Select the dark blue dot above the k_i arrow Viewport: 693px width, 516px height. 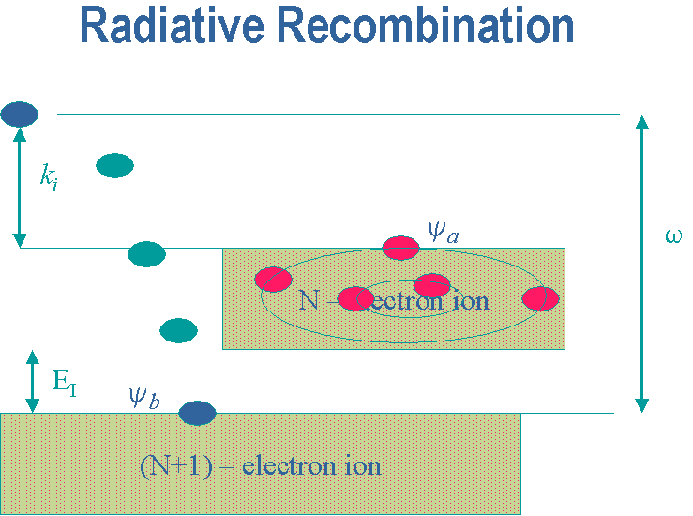tap(20, 114)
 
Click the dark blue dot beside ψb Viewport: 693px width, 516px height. tap(197, 413)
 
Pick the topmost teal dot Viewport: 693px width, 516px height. tap(115, 165)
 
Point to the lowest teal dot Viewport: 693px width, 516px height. tap(178, 330)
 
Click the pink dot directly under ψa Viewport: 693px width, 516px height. tap(400, 248)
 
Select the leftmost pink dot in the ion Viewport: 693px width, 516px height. tap(274, 280)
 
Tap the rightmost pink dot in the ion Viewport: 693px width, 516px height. tap(540, 298)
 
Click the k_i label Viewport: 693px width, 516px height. tap(49, 177)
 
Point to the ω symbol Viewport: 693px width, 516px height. tap(673, 236)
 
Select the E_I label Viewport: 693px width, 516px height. tap(65, 382)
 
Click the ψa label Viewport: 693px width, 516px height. tap(444, 232)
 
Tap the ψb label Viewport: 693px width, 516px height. tap(144, 398)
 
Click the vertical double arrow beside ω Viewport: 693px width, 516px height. tap(642, 264)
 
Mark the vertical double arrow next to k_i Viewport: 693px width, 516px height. tap(20, 187)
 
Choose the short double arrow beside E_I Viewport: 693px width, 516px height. tap(32, 382)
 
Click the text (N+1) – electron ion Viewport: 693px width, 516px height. tap(261, 466)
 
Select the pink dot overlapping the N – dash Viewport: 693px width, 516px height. tap(355, 298)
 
